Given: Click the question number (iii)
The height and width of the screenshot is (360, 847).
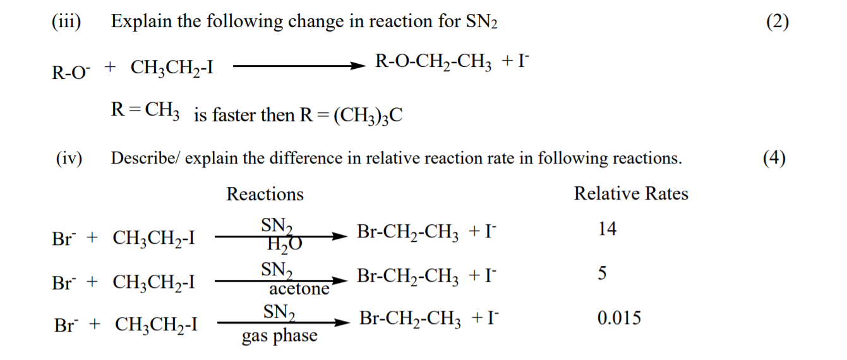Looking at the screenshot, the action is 66,22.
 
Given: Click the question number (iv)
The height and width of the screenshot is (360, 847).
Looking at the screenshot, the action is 68,158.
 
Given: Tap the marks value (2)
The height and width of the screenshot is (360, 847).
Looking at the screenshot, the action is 777,22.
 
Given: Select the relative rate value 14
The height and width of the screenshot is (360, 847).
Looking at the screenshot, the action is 607,229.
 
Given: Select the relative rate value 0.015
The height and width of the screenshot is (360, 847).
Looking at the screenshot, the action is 619,318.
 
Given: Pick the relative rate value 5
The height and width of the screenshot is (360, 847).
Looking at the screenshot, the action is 602,274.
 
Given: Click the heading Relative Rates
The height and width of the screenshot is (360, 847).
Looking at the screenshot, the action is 630,193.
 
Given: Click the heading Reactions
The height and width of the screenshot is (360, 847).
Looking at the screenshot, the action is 265,194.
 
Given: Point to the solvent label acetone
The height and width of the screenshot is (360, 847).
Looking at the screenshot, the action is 299,289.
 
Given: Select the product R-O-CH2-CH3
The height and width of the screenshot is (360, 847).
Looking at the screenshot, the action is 430,63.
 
